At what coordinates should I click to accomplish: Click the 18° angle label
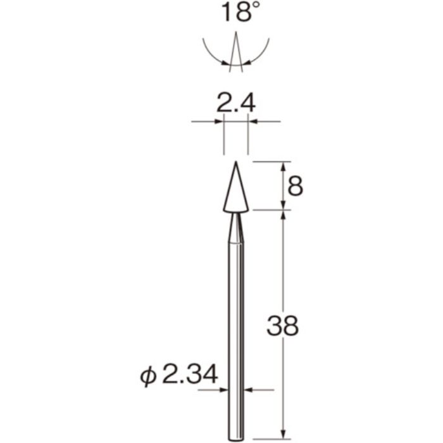point(235,13)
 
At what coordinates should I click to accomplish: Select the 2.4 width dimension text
point(235,103)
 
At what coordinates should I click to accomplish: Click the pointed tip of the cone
point(235,163)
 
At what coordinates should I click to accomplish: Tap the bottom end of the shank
point(235,437)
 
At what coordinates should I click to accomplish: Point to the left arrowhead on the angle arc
point(226,62)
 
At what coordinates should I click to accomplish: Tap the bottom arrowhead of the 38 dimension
point(284,434)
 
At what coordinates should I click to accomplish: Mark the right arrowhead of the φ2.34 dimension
point(248,390)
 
